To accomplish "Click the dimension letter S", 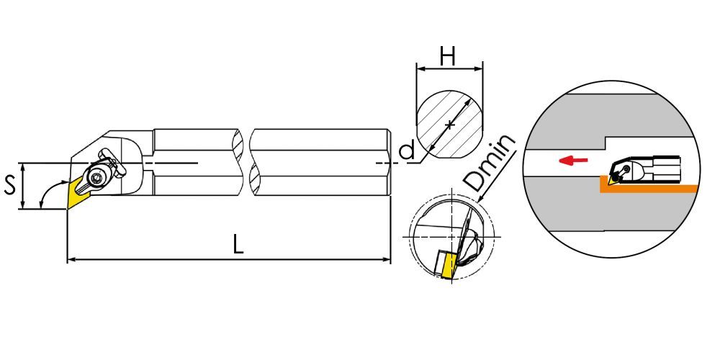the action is point(9,186).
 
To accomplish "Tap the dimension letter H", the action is point(447,57).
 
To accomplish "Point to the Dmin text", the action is point(490,163).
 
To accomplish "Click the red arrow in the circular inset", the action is point(573,161).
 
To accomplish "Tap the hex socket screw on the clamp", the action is point(96,178).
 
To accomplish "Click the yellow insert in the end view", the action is point(447,266).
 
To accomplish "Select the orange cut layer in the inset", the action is point(648,188).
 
